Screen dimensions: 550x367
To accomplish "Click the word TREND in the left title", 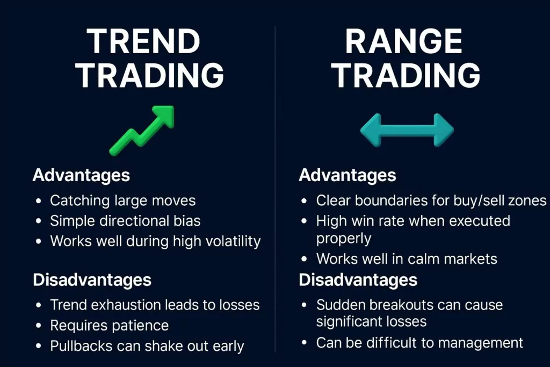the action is click(x=143, y=41).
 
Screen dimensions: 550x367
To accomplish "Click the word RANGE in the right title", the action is click(x=403, y=41).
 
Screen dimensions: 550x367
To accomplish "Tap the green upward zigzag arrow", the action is click(x=142, y=131).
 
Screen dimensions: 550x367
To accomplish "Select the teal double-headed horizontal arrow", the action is click(x=407, y=130).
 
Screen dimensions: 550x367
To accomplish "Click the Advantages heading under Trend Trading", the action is click(x=81, y=175).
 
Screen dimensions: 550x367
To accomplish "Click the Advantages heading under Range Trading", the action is click(x=348, y=175).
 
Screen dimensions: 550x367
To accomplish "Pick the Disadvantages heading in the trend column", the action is click(x=92, y=279).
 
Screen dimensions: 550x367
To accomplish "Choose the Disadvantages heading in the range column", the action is click(x=358, y=279).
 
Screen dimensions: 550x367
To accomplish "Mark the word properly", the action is click(x=343, y=239).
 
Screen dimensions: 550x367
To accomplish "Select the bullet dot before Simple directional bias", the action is click(x=39, y=221).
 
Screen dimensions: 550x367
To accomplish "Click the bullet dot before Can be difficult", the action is click(x=305, y=343).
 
